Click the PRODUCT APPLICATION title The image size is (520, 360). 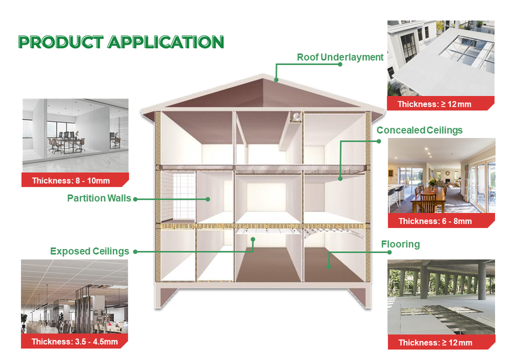(x=121, y=42)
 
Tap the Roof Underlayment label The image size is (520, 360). (x=340, y=57)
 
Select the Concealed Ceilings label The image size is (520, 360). (x=419, y=130)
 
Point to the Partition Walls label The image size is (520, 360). (x=99, y=199)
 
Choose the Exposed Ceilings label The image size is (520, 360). (x=89, y=251)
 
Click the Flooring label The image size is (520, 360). (x=400, y=244)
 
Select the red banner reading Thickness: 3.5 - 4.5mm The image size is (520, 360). (x=74, y=342)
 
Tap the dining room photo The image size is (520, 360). (x=441, y=175)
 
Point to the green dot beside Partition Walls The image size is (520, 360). (x=135, y=199)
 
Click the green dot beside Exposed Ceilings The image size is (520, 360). (x=135, y=252)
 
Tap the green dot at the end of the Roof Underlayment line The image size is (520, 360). (x=340, y=64)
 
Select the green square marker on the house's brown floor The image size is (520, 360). (x=328, y=266)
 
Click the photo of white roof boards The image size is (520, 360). (x=440, y=58)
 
